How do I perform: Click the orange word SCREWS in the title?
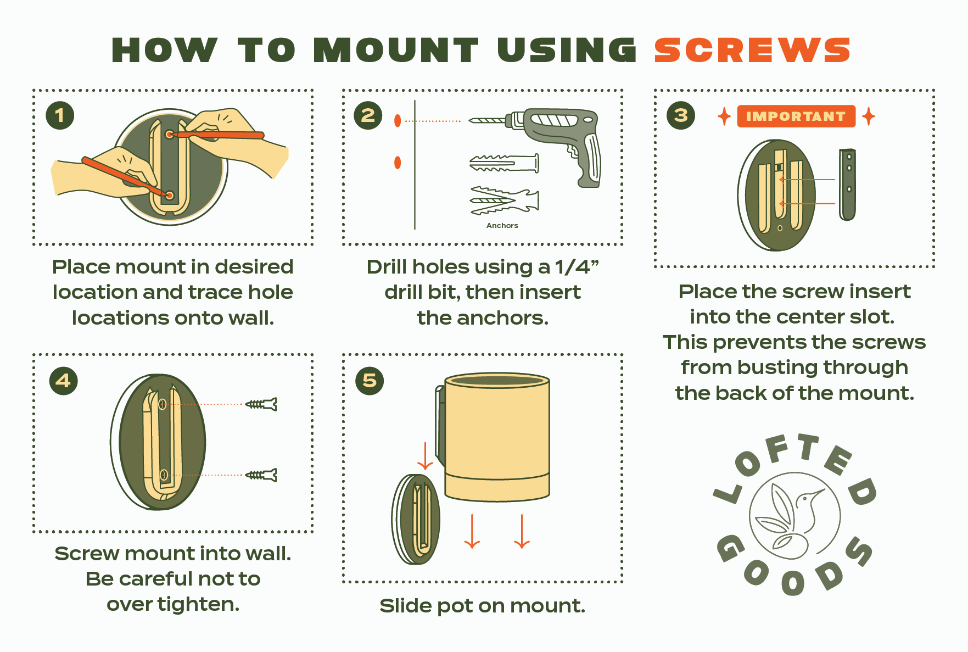[x=752, y=50]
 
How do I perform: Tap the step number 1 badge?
[x=60, y=115]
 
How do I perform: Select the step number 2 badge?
[x=368, y=115]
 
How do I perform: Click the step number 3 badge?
[x=681, y=115]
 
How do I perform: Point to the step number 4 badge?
[x=63, y=381]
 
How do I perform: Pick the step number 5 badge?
[x=370, y=381]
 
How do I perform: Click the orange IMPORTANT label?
[x=796, y=116]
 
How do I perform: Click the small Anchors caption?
[x=502, y=225]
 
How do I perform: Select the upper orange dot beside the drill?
[x=398, y=121]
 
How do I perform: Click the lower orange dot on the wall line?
[x=398, y=163]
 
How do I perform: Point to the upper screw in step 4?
[x=261, y=404]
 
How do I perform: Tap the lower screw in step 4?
[x=261, y=475]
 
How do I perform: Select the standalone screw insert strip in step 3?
[x=848, y=185]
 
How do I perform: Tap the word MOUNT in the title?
[x=396, y=50]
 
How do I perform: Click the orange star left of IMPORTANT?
[x=724, y=116]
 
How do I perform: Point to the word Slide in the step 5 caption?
[x=404, y=605]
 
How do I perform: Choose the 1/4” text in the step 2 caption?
[x=577, y=267]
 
